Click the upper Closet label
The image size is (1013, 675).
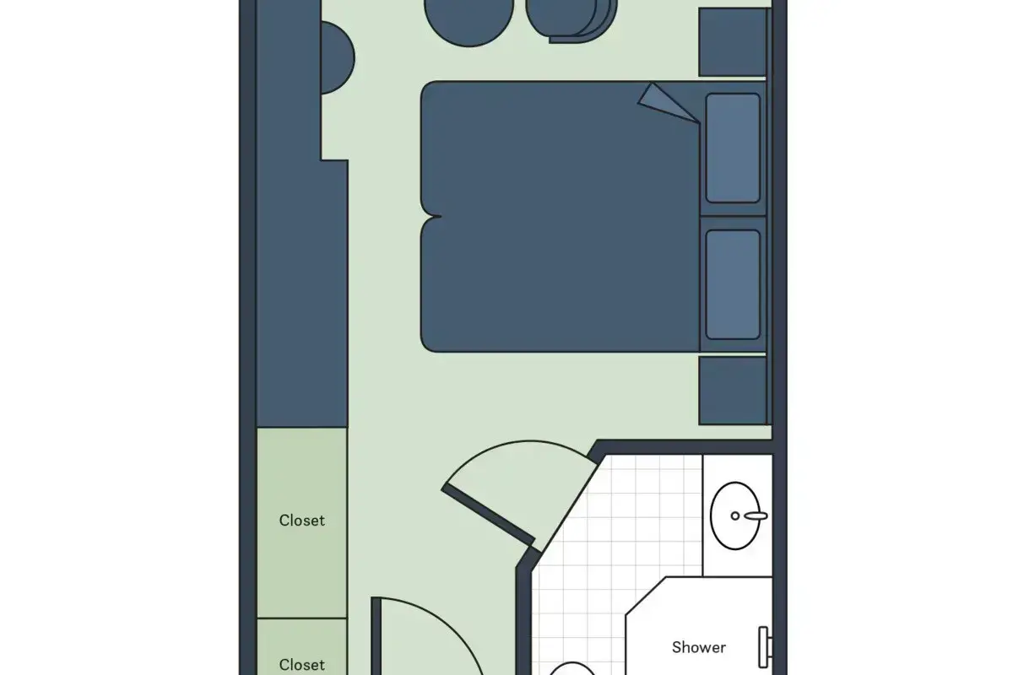(x=301, y=521)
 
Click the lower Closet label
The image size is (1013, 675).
(x=301, y=665)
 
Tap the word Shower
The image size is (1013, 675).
(x=699, y=647)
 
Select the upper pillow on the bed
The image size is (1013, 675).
(x=733, y=148)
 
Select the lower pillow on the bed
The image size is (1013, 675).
(x=733, y=284)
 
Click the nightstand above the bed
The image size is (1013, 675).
(x=732, y=42)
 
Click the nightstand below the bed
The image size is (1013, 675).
(x=732, y=391)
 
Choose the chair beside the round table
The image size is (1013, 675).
(x=572, y=19)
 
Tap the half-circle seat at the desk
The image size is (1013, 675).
(x=337, y=58)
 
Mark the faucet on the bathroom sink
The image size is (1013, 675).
(x=756, y=516)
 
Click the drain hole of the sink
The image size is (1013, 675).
(x=735, y=516)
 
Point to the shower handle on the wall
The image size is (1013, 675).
(x=764, y=647)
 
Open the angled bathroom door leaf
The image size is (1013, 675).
(x=488, y=515)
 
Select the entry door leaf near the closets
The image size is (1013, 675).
(x=376, y=635)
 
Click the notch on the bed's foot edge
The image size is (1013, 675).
(x=432, y=217)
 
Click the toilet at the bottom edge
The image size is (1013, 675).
(x=572, y=668)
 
